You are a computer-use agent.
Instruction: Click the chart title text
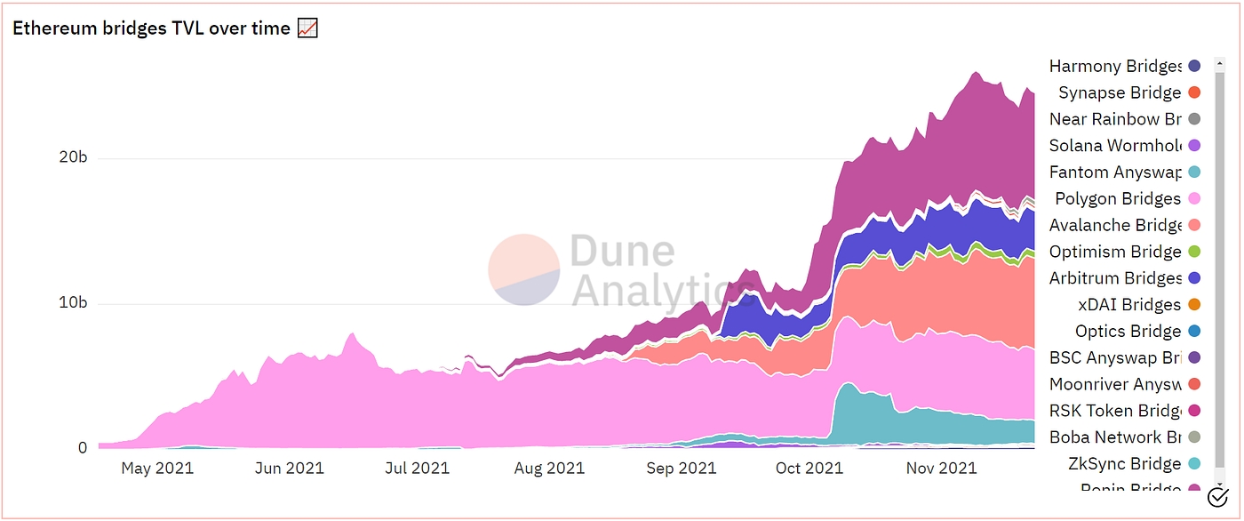pos(151,28)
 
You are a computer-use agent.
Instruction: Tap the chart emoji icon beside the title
pos(307,28)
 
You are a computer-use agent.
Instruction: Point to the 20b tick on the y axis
pos(75,159)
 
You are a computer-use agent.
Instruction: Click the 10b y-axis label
pos(75,304)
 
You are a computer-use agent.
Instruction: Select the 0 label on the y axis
pos(83,448)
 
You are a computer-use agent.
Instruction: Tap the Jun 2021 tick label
pos(291,468)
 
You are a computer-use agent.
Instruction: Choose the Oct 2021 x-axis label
pos(809,468)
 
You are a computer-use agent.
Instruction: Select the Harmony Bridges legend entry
pos(1115,67)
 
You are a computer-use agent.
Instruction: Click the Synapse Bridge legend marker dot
pos(1194,92)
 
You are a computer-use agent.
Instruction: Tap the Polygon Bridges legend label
pos(1118,199)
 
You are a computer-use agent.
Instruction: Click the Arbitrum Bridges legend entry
pos(1115,278)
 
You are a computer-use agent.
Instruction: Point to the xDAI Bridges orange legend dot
pos(1194,305)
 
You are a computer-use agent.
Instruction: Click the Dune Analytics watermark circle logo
pos(523,269)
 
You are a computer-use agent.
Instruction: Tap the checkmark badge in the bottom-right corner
pos(1217,497)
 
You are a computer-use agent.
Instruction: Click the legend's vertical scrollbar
pos(1220,267)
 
